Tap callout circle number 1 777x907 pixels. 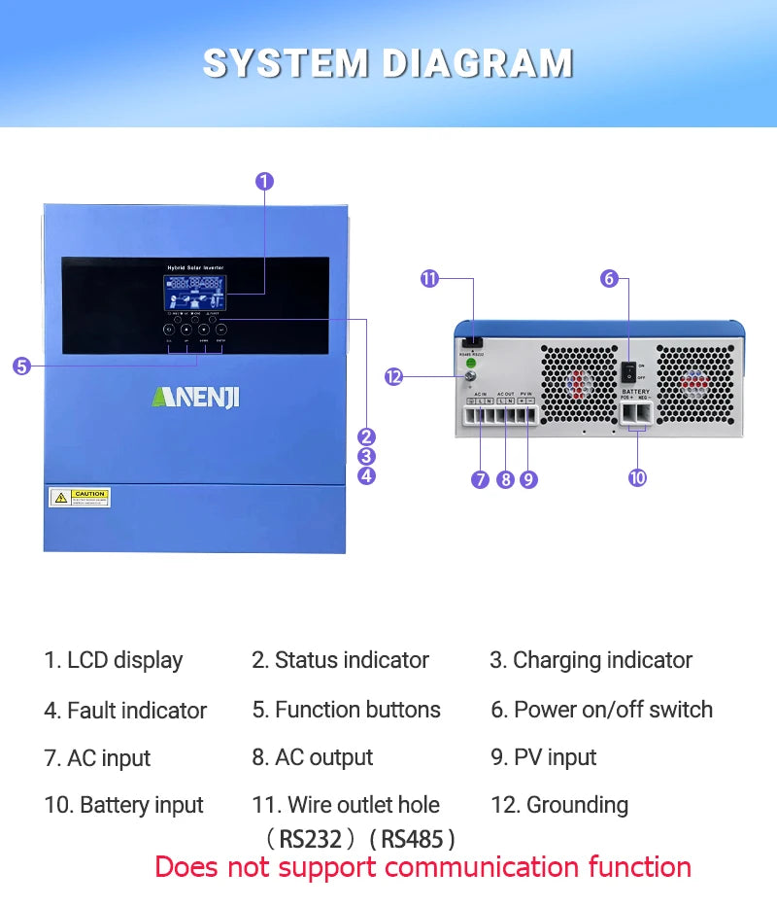coord(264,181)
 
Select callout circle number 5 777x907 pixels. coord(21,366)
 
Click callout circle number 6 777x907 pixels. coord(609,279)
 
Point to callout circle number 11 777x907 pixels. coord(429,279)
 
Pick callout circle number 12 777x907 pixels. coord(393,377)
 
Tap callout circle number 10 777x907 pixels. coord(637,477)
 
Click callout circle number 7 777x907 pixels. coord(480,479)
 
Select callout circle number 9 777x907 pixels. coord(528,479)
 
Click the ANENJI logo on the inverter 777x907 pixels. coord(195,398)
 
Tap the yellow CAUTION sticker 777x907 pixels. coord(80,498)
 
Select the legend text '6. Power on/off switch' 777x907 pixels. coord(601,710)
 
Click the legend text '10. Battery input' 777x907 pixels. coord(123,805)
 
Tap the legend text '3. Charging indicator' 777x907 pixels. coord(591,660)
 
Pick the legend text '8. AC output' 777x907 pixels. coord(312,757)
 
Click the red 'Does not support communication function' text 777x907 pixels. coord(423,866)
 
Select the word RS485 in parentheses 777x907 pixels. coord(412,838)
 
